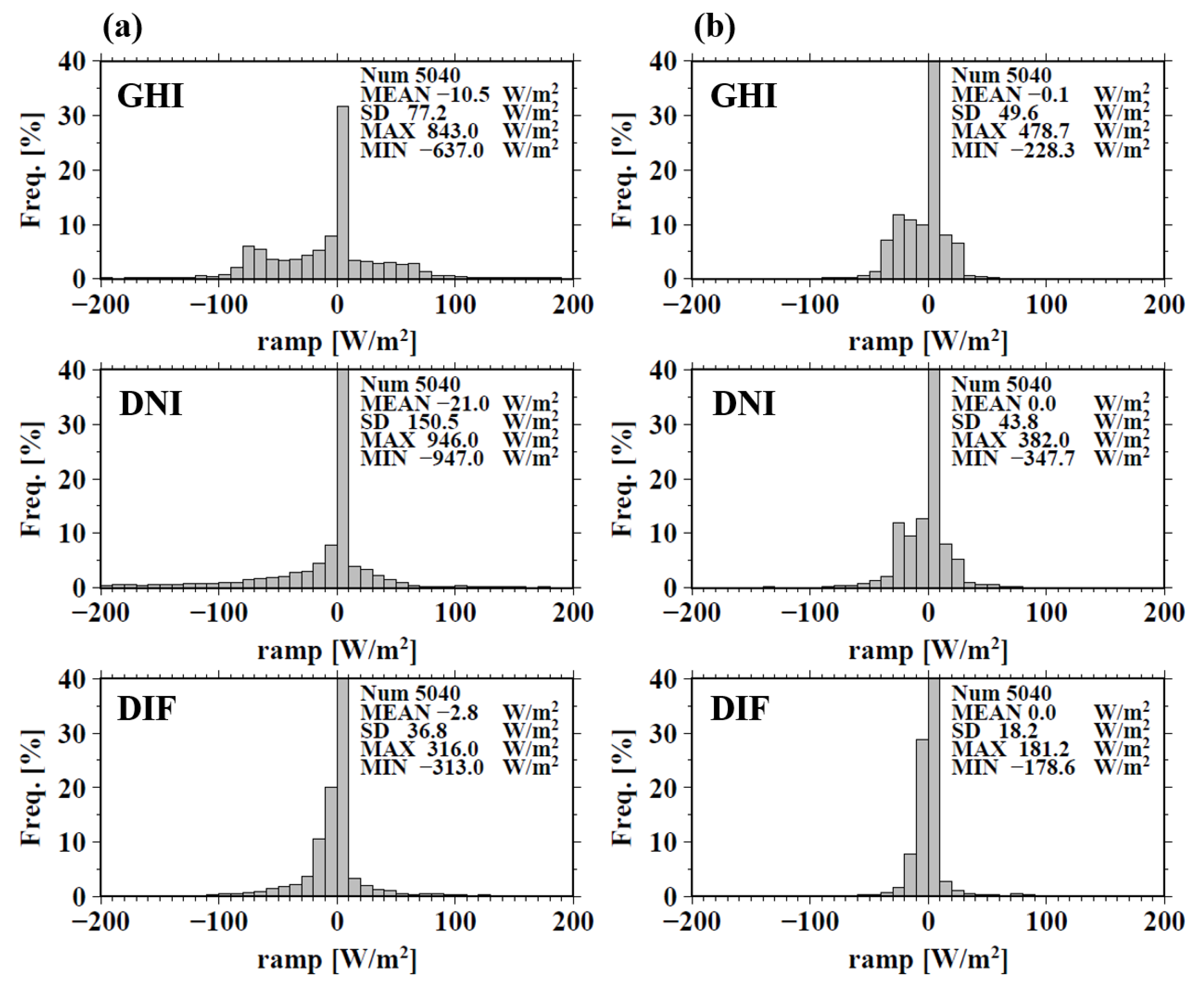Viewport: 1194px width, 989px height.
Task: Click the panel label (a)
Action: pyautogui.click(x=123, y=27)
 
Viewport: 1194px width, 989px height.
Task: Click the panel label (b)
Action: pyautogui.click(x=714, y=27)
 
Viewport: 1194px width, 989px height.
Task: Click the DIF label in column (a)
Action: pyautogui.click(x=147, y=709)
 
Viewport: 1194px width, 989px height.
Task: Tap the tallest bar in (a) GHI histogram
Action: pyautogui.click(x=343, y=193)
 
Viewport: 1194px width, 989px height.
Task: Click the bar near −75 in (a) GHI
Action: pyautogui.click(x=248, y=263)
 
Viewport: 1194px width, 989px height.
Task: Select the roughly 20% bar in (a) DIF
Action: pyautogui.click(x=331, y=842)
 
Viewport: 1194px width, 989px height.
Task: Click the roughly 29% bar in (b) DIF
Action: pyautogui.click(x=922, y=818)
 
